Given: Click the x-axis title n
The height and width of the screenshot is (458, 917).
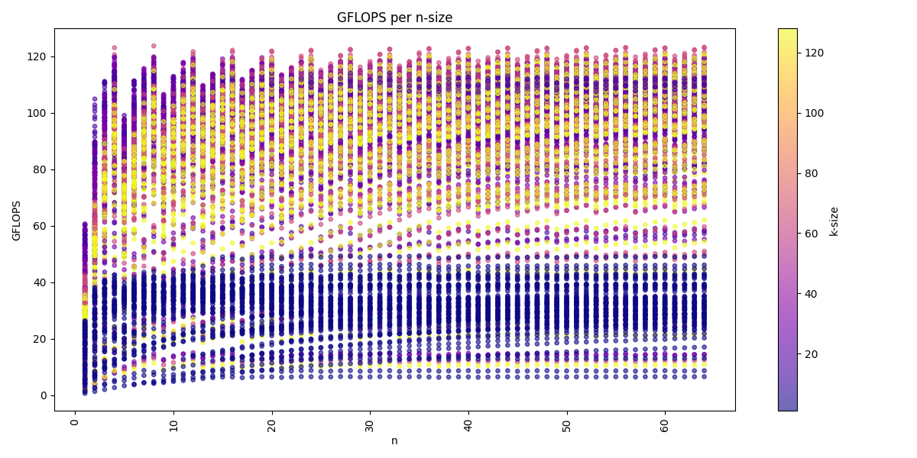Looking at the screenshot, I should [394, 441].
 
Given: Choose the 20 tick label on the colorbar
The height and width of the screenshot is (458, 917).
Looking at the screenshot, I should [811, 354].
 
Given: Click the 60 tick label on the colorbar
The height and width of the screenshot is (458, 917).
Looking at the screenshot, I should [811, 234].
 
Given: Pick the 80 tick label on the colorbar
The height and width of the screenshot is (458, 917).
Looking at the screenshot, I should [811, 173].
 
